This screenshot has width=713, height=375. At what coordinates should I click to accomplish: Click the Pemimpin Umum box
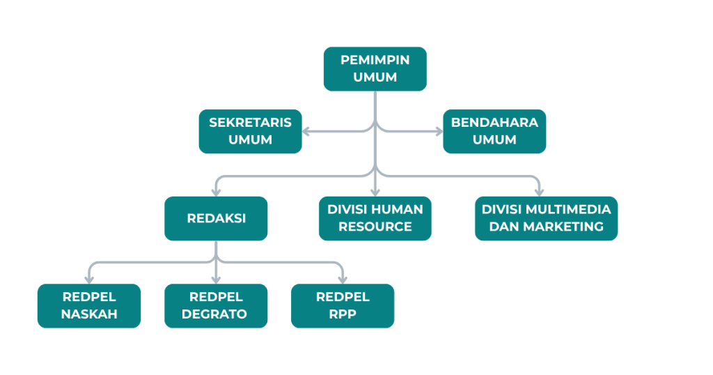[375, 68]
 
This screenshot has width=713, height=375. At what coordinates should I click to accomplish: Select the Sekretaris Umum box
[250, 131]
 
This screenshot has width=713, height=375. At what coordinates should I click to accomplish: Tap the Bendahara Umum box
[494, 131]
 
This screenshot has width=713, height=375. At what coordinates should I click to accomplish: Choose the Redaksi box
[216, 218]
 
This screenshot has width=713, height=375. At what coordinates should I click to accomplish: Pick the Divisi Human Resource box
[375, 218]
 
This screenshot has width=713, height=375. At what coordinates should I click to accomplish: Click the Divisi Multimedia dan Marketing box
[546, 218]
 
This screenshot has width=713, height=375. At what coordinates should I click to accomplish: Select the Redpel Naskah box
[89, 305]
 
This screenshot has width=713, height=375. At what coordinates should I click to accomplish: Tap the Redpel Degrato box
[216, 305]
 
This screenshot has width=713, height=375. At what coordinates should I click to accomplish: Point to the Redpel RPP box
[343, 305]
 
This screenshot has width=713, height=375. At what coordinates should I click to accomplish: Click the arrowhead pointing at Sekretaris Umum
[307, 131]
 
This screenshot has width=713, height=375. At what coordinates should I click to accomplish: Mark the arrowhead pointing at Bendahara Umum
[438, 131]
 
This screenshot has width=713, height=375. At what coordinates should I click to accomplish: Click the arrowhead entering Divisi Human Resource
[375, 192]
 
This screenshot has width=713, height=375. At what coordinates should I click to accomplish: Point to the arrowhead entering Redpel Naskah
[89, 279]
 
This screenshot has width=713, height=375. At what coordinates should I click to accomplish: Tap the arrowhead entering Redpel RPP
[343, 279]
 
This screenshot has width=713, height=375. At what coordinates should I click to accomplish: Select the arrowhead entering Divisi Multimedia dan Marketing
[539, 192]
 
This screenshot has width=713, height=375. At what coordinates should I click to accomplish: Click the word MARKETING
[563, 227]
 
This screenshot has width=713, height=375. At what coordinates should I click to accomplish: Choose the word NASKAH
[89, 314]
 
